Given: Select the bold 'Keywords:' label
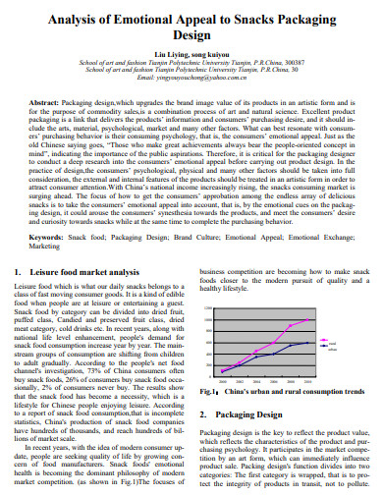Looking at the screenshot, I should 50,238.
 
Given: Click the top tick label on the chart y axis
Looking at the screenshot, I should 207,308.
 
